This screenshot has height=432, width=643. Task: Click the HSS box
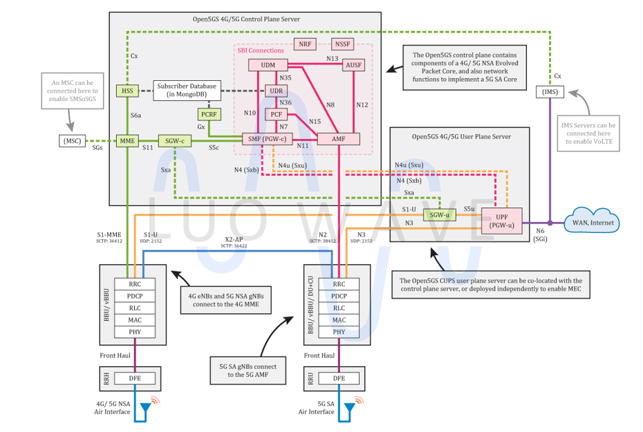coord(127,91)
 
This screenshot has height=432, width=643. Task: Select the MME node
coord(127,140)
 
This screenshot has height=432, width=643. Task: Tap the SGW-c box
coord(174,140)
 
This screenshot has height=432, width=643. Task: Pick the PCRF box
coord(208,113)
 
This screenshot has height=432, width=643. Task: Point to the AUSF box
coord(353,65)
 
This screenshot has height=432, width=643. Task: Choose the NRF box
coord(305,44)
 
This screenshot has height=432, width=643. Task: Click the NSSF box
coord(342,44)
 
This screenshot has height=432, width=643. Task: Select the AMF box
coord(339,139)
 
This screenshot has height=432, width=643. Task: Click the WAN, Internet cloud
coord(593,223)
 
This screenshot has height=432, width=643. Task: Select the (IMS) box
coord(550,91)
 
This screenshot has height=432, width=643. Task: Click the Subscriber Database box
coord(187,90)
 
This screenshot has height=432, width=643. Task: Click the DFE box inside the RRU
coord(339,378)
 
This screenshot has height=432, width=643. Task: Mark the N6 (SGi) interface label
coord(537,234)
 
